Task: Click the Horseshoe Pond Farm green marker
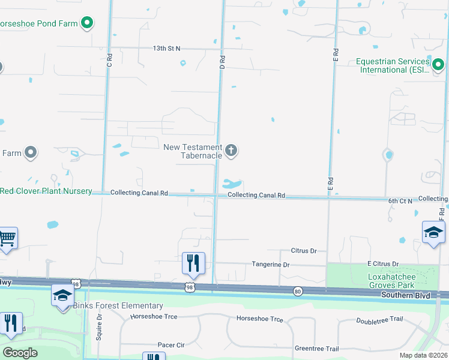(87, 23)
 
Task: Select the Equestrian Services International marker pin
(439, 64)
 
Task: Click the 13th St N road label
(166, 48)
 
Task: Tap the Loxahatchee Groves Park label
(391, 281)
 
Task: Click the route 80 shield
(298, 292)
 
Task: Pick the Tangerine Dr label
(271, 265)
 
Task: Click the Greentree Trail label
(317, 349)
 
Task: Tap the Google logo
(20, 353)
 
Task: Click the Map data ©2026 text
(423, 355)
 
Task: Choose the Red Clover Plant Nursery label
(46, 191)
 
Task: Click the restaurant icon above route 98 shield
(193, 262)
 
